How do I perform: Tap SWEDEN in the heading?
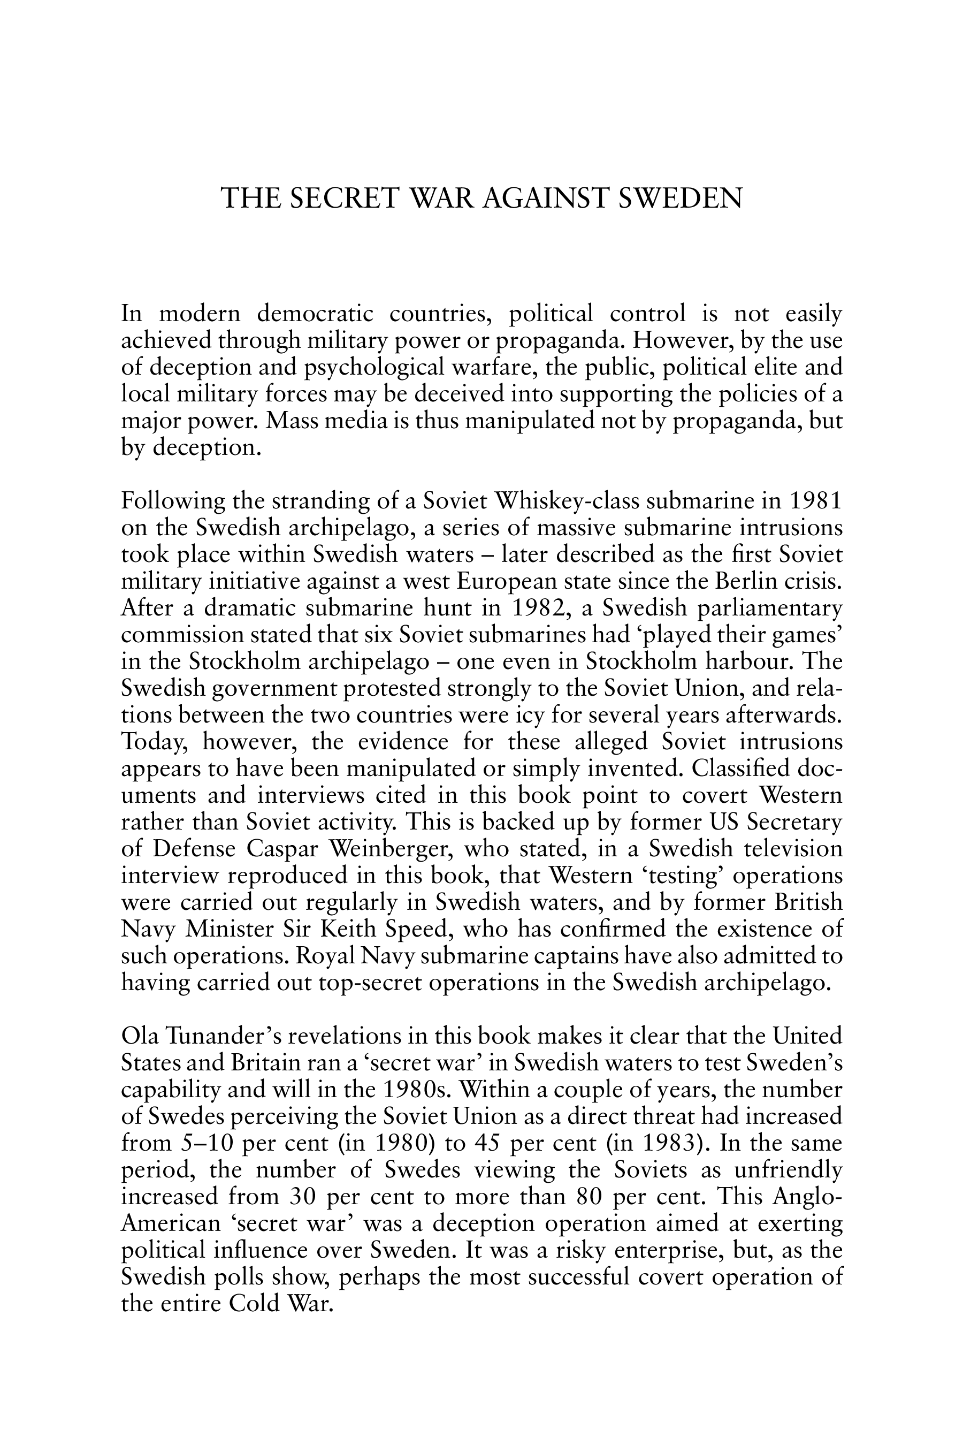coord(681,199)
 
